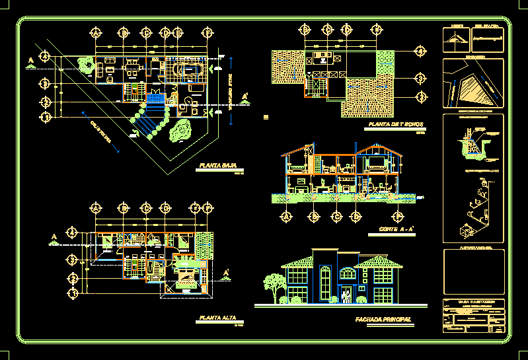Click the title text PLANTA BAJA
(217, 166)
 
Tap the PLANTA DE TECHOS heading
(395, 124)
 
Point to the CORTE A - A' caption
(396, 229)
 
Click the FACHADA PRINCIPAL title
(383, 320)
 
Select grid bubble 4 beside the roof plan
(419, 51)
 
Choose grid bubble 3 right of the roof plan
(419, 79)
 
